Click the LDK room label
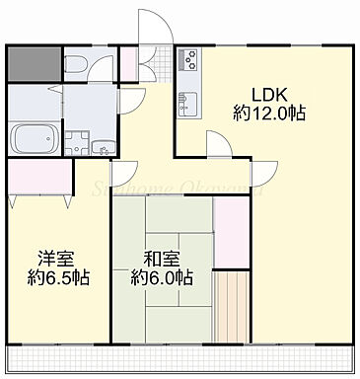click(268, 96)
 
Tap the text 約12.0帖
click(268, 114)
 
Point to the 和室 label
click(160, 260)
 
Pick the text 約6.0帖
click(161, 278)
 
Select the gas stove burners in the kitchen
click(187, 61)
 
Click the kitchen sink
click(186, 102)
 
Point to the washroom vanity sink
click(103, 149)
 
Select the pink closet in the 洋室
click(40, 177)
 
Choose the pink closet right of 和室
click(233, 233)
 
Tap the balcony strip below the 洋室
click(59, 354)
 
